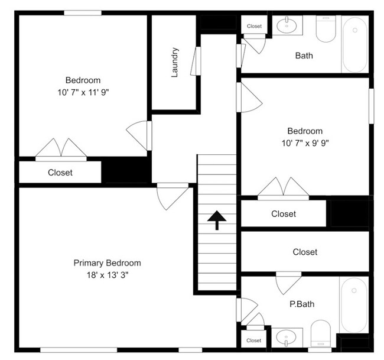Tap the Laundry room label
pyautogui.click(x=175, y=63)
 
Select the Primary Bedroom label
pyautogui.click(x=108, y=263)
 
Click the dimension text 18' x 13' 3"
pyautogui.click(x=108, y=275)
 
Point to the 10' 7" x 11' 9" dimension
pyautogui.click(x=83, y=92)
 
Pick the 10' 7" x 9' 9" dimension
pyautogui.click(x=305, y=143)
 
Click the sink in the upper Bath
pyautogui.click(x=287, y=25)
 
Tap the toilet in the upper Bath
pyautogui.click(x=326, y=29)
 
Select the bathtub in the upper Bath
pyautogui.click(x=355, y=44)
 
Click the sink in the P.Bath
pyautogui.click(x=286, y=338)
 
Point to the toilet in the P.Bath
pyautogui.click(x=321, y=333)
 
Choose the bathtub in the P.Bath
pyautogui.click(x=354, y=305)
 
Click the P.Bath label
pyautogui.click(x=302, y=304)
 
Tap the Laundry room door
pyautogui.click(x=196, y=61)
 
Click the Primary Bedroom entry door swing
pyautogui.click(x=173, y=196)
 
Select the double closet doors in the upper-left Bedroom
pyautogui.click(x=61, y=150)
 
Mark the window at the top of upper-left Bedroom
pyautogui.click(x=83, y=13)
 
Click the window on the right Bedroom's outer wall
pyautogui.click(x=372, y=106)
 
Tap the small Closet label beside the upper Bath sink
pyautogui.click(x=254, y=26)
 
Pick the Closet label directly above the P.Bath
pyautogui.click(x=305, y=252)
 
